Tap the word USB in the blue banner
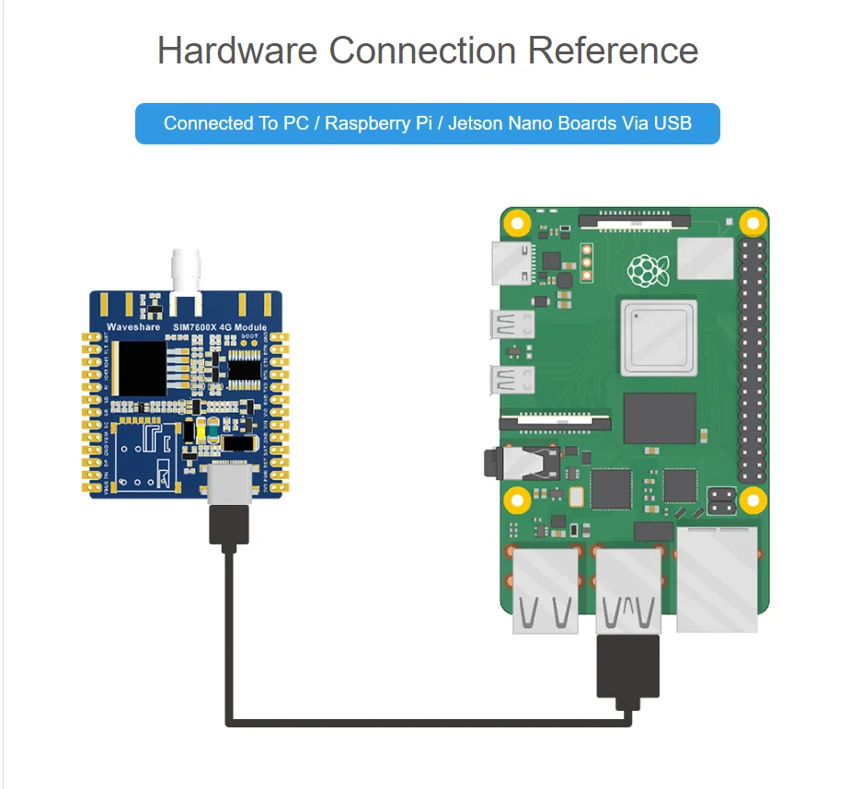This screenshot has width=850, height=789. (x=672, y=123)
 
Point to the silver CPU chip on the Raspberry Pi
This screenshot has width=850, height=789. (x=655, y=332)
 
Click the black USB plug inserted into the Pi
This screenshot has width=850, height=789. (x=628, y=669)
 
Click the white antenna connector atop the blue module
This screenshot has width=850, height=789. (x=186, y=273)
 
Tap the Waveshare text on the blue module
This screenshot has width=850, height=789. (x=133, y=327)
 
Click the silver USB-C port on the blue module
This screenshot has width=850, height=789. (x=229, y=484)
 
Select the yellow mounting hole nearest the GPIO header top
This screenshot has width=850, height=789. (x=753, y=222)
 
